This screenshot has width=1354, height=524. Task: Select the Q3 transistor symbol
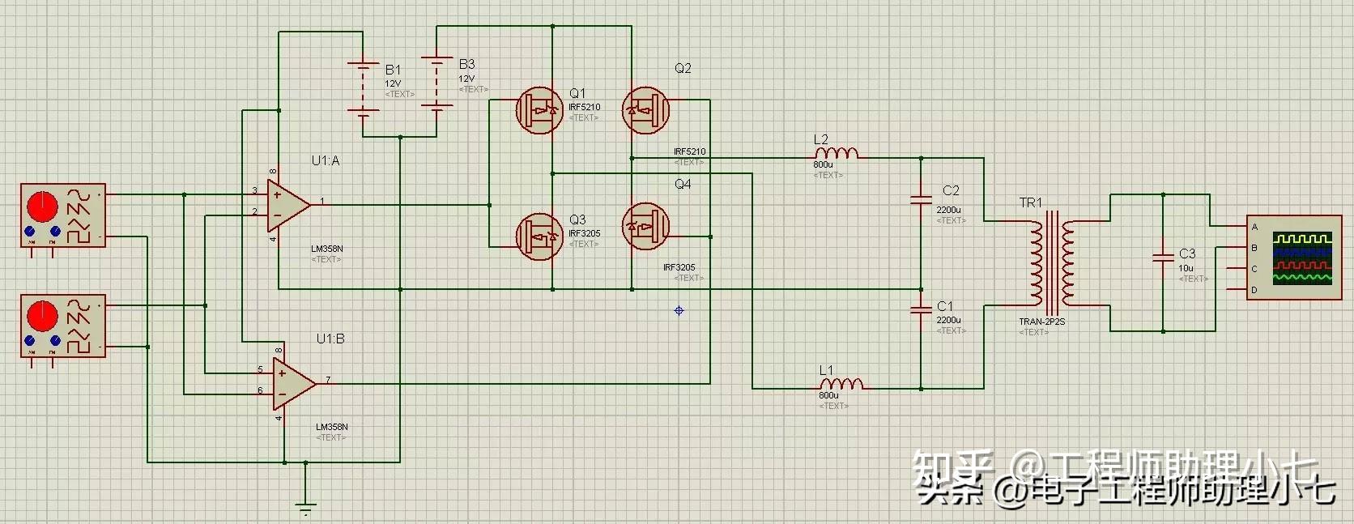pyautogui.click(x=539, y=236)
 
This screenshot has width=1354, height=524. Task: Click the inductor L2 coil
pyautogui.click(x=836, y=153)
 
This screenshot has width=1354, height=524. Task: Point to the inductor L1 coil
pyautogui.click(x=841, y=384)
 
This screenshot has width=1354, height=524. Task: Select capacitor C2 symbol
pyautogui.click(x=921, y=199)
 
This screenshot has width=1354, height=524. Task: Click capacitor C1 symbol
pyautogui.click(x=921, y=309)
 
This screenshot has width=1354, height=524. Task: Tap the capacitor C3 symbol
pyautogui.click(x=1163, y=257)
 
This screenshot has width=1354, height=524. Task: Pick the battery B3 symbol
pyautogui.click(x=437, y=83)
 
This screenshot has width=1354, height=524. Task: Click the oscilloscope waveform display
pyautogui.click(x=1301, y=258)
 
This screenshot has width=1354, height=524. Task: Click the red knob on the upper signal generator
pyautogui.click(x=42, y=206)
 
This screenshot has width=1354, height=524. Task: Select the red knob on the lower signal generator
pyautogui.click(x=42, y=315)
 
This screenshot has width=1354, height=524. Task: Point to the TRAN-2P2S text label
pyautogui.click(x=1041, y=322)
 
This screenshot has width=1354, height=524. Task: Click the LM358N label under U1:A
pyautogui.click(x=326, y=249)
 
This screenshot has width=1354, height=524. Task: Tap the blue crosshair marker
pyautogui.click(x=679, y=310)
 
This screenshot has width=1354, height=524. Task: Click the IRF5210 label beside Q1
pyautogui.click(x=584, y=107)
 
